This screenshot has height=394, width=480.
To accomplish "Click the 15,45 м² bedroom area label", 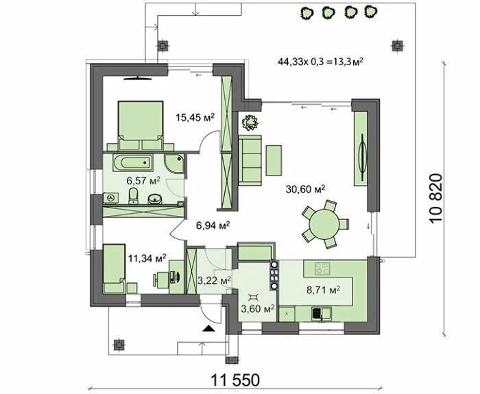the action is coord(195,117).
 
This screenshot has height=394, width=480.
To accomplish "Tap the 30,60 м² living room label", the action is coord(305,188).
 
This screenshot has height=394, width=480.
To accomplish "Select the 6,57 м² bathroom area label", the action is coord(143,181).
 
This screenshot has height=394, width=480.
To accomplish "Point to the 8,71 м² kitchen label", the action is coord(323,289).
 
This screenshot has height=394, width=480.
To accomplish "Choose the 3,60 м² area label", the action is coord(257,308).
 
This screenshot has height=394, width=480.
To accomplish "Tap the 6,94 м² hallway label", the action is coord(213,225).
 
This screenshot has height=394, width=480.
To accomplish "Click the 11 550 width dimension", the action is coord(235,380).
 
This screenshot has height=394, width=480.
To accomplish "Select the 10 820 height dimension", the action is coord(436,199).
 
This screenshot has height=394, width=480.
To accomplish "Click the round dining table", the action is coord(324,224).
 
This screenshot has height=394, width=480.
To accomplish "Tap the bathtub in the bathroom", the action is coord(133,162).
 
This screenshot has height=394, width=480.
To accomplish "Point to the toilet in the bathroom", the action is coord(133,195).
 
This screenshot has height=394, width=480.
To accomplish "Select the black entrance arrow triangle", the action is coord(209,328).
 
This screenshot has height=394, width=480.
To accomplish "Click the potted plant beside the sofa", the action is coord(250,123).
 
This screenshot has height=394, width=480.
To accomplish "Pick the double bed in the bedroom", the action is coord(140,125).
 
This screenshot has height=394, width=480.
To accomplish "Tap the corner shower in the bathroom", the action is coord(173,163).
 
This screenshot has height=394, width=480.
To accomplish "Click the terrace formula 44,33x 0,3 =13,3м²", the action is coord(320,62).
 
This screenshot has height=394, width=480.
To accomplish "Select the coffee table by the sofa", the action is coord(274,160).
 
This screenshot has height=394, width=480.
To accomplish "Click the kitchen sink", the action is coord(322,314).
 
